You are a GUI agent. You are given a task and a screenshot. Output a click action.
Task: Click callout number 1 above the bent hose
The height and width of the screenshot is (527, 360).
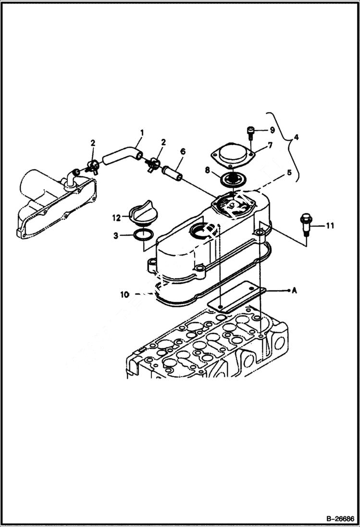click(142, 131)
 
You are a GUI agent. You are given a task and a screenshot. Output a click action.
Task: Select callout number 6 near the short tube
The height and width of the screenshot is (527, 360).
click(183, 151)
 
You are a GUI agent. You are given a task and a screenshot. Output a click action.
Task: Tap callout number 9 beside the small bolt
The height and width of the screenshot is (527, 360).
click(272, 130)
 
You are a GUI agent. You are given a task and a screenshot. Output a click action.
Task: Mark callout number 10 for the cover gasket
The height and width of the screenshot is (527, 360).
click(124, 294)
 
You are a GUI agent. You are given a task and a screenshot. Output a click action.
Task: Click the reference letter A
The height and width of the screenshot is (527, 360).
click(294, 291)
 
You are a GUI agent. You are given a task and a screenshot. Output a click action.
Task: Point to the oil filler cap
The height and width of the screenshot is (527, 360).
click(141, 214)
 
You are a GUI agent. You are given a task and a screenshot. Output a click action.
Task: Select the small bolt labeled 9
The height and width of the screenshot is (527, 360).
click(250, 131)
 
